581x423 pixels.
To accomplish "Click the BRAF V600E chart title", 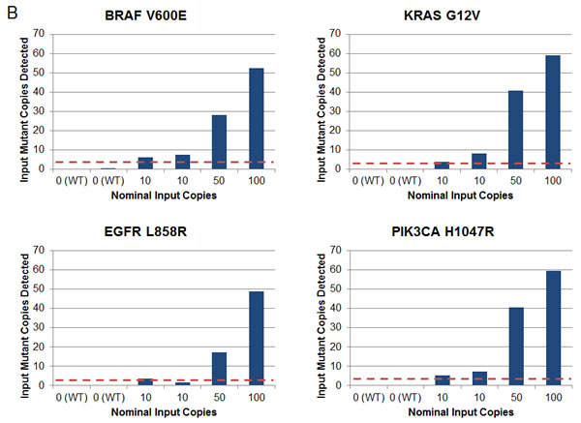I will click(x=154, y=17).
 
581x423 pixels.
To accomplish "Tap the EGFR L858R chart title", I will click(x=154, y=233).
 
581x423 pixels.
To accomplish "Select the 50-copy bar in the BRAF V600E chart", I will click(x=219, y=141).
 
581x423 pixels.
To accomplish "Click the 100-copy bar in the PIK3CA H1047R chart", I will click(x=553, y=327).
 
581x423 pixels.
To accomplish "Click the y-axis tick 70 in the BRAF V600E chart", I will click(x=39, y=34).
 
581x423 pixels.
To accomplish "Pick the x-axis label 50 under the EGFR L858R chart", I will click(x=219, y=396).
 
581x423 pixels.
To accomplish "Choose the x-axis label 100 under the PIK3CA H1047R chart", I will click(x=553, y=396).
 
